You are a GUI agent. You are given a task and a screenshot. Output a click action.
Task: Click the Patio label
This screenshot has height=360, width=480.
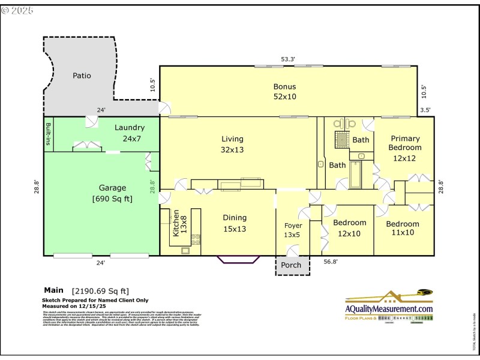click(82, 76)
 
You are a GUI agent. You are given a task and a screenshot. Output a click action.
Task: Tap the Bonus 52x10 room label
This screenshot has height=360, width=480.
click(284, 91)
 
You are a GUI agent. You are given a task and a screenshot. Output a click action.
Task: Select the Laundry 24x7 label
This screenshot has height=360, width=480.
click(130, 132)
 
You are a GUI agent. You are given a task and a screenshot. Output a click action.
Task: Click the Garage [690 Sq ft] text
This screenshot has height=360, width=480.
click(112, 193)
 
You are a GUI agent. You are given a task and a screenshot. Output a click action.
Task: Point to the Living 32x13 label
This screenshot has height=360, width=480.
click(232, 144)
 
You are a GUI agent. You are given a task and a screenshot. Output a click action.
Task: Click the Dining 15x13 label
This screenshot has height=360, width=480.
click(235, 223)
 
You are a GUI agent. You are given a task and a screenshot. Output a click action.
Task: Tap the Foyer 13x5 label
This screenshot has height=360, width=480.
click(293, 230)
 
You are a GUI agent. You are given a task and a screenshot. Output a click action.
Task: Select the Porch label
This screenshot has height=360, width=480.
click(291, 265)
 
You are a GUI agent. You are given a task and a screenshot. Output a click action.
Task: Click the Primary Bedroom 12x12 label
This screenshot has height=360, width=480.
click(404, 148)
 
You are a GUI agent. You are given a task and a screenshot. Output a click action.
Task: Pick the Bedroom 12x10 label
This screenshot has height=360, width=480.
click(349, 228)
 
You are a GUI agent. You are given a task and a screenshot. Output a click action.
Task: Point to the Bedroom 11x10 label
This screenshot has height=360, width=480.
click(402, 228)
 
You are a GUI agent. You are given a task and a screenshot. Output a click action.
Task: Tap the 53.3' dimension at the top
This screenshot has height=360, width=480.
click(288, 59)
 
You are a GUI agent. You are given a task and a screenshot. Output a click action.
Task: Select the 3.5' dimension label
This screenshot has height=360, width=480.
click(425, 110)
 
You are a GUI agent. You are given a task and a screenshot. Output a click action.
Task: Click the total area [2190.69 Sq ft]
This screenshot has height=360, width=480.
click(101, 291)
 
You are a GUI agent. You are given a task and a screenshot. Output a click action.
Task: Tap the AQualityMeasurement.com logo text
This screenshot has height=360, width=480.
click(389, 308)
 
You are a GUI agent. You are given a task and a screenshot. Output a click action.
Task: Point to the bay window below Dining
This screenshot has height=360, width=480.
click(238, 259)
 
